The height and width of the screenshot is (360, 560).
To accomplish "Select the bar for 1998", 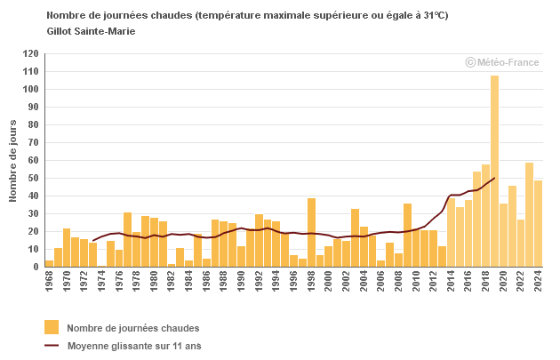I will pos(311,232).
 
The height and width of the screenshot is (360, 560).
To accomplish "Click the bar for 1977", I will pos(128,239).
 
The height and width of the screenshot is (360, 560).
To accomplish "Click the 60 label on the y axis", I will pos(33,161).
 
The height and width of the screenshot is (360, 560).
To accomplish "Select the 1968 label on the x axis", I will pos(49,282).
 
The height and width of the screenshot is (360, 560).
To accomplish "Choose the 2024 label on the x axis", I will pos(538,282).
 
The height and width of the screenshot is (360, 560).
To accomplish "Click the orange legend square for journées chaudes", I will pos(52,327).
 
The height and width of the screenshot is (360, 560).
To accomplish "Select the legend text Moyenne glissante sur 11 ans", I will pos(134,345).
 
